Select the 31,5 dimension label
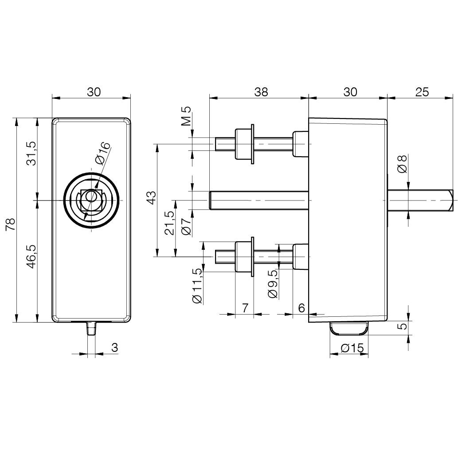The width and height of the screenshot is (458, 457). click(x=31, y=153)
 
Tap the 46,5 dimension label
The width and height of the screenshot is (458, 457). click(x=31, y=256)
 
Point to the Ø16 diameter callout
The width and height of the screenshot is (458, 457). click(x=103, y=153)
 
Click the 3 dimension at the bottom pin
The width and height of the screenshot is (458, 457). click(x=115, y=347)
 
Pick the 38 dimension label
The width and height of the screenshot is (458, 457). click(x=261, y=92)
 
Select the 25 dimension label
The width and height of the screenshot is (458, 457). click(x=422, y=92)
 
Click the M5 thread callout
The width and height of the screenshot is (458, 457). click(x=186, y=116)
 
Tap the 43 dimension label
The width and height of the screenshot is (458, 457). click(x=152, y=197)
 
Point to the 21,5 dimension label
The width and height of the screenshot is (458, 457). click(x=169, y=223)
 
